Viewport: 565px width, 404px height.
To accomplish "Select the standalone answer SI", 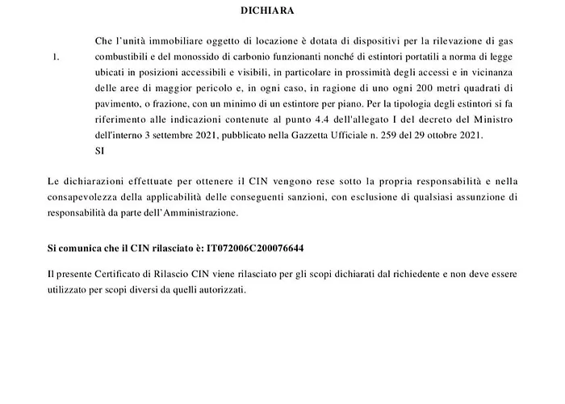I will click(100, 150).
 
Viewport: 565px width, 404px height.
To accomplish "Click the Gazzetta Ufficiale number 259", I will click(380, 135).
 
